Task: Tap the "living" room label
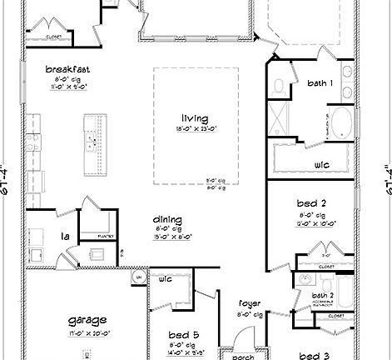point(196,118)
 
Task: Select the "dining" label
point(169,220)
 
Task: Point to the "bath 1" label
point(320,83)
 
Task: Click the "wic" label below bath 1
point(321,165)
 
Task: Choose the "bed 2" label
point(310,202)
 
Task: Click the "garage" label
point(87,320)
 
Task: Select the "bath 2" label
point(323,295)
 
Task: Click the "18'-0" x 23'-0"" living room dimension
point(196,128)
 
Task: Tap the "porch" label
point(243,356)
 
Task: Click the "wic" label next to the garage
point(165,277)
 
